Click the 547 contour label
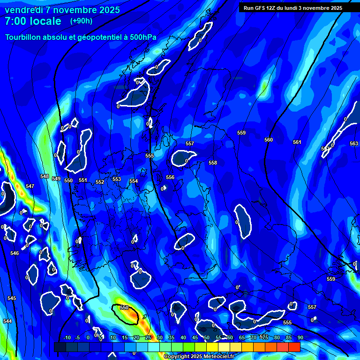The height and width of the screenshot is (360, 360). (30, 186)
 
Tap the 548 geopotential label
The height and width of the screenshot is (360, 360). (45, 177)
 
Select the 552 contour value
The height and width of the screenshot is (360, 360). (100, 182)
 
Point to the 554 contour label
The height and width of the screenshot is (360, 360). (134, 181)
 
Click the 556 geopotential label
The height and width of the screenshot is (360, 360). (170, 177)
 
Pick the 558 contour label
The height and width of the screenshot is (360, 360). (213, 163)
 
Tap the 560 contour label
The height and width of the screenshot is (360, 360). (269, 140)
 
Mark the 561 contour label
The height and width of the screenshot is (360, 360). (297, 142)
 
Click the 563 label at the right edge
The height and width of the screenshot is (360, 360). (354, 143)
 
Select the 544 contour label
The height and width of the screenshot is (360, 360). (7, 321)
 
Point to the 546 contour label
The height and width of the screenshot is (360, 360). (15, 253)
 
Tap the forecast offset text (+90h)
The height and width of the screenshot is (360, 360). (81, 21)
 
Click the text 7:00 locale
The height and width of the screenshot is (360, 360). (33, 21)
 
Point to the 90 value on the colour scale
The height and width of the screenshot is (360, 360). (300, 337)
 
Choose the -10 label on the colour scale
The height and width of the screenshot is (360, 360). (67, 337)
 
